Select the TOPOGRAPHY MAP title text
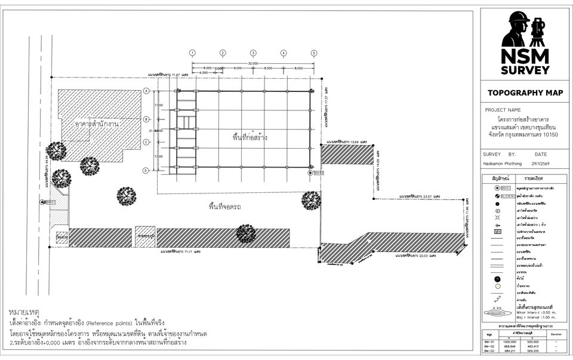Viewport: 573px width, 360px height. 525,93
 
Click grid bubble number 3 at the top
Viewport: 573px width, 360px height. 253,53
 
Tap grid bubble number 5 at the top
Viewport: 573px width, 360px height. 313,53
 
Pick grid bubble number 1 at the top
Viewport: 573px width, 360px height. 192,53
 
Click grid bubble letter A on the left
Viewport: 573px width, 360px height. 146,91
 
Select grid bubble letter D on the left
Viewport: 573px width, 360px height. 146,171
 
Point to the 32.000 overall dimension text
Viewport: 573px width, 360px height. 253,63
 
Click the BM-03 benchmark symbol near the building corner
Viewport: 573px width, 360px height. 310,173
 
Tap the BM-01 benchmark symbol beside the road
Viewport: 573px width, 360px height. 43,202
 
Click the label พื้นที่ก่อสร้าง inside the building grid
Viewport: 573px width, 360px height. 249,137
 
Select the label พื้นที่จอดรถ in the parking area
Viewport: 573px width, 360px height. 225,207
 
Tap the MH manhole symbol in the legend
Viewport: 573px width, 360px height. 497,231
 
